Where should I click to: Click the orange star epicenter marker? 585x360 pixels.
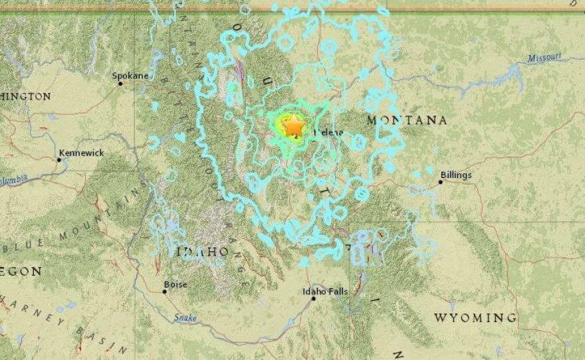(293, 125)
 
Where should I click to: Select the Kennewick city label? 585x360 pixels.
(81, 153)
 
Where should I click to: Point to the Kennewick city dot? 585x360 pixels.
(59, 159)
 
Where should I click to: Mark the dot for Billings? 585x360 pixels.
(440, 181)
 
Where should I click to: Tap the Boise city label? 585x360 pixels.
(175, 284)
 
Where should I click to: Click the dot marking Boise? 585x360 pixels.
(164, 291)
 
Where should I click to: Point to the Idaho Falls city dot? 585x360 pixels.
(313, 298)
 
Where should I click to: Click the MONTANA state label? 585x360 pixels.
(407, 120)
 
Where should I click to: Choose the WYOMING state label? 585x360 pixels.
(475, 317)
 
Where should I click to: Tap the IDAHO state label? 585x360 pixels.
(203, 252)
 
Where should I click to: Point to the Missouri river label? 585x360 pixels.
(545, 58)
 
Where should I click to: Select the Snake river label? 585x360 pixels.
(187, 318)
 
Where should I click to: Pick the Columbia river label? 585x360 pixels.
(13, 179)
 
